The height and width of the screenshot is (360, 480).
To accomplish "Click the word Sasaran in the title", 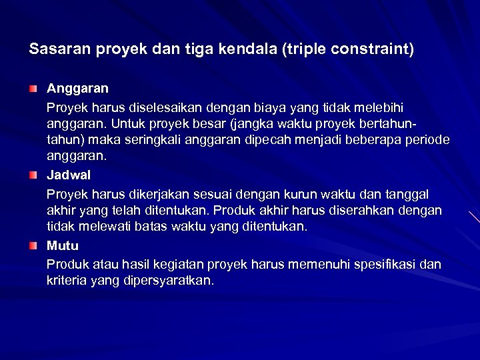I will click(56, 49).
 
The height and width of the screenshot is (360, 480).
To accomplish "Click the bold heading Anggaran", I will click(77, 88).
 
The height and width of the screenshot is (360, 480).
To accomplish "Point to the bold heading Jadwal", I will click(69, 175).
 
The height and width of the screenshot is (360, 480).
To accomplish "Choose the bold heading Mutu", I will click(62, 246).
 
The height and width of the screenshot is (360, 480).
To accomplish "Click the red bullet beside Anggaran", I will click(33, 88).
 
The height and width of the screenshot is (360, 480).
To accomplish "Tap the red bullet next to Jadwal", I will click(33, 175).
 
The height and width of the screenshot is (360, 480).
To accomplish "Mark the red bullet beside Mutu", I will click(33, 246).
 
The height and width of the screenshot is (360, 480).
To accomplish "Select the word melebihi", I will click(379, 107).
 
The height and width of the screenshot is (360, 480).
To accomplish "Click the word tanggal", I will click(406, 194).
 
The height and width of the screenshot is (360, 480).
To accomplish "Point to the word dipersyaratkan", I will click(168, 281).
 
